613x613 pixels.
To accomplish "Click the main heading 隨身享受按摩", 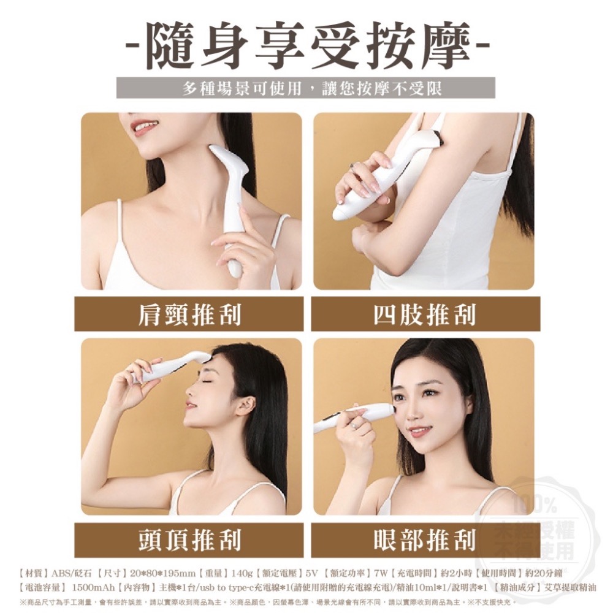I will pos(306,45).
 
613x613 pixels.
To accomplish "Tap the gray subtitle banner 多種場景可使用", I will pos(306,88).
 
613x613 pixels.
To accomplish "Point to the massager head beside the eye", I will pos(383,411).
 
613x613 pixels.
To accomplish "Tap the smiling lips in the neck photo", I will pos(143,127).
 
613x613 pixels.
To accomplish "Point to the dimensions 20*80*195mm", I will pos(162,574).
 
